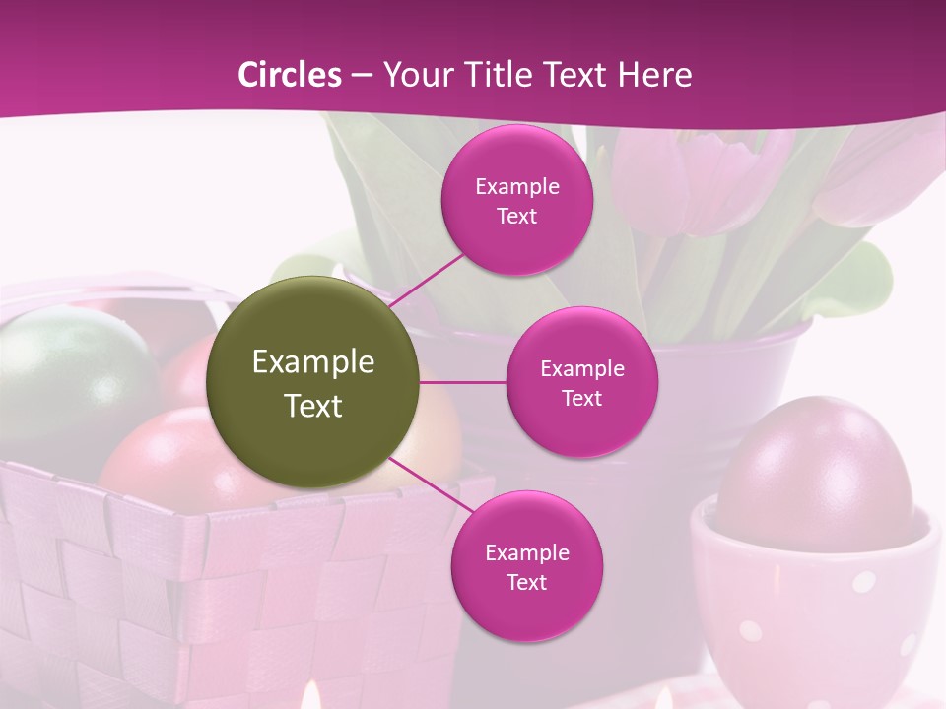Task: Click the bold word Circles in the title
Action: (x=290, y=74)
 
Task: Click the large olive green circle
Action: (x=313, y=382)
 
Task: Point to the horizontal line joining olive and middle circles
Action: (x=463, y=382)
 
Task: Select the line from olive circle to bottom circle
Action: (x=431, y=485)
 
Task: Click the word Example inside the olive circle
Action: (x=313, y=362)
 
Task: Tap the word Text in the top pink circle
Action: (x=516, y=217)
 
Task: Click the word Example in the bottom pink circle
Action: (x=526, y=553)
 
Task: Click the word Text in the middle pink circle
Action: (x=581, y=399)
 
